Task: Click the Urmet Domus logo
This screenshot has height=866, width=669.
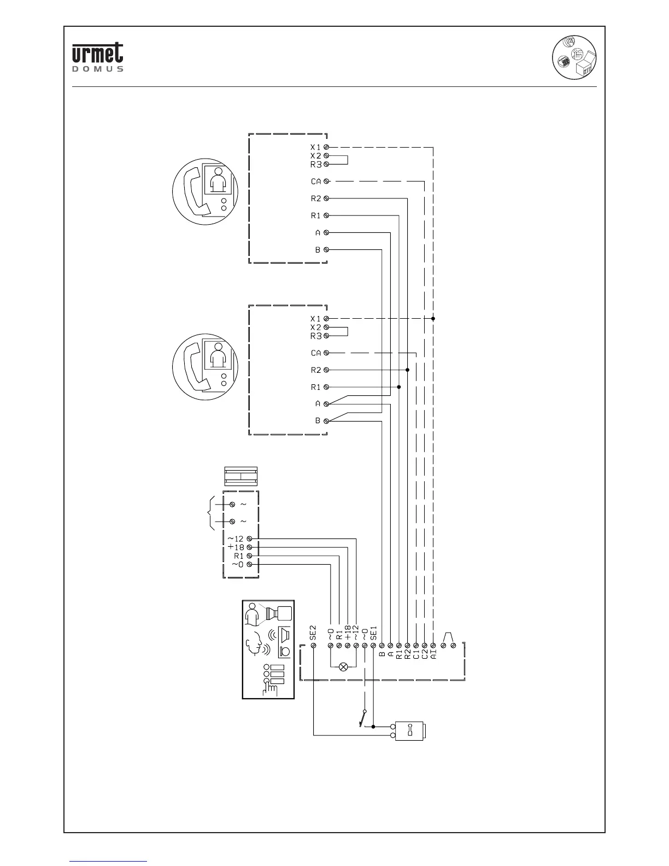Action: click(97, 57)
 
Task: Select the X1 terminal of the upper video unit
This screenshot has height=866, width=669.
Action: click(326, 147)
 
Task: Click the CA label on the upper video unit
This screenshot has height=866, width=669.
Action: click(316, 182)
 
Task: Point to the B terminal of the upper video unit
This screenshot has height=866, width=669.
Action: click(326, 250)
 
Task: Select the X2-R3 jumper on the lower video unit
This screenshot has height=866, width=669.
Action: click(347, 331)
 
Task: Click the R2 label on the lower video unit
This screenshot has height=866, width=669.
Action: click(316, 370)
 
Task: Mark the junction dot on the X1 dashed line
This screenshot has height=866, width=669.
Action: click(433, 318)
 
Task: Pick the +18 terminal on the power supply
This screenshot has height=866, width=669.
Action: click(249, 547)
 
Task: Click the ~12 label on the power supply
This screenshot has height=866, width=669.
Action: click(236, 539)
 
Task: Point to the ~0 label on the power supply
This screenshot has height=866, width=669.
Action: click(237, 564)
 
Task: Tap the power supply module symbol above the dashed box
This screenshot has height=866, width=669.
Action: click(240, 476)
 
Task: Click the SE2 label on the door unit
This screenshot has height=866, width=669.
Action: click(313, 633)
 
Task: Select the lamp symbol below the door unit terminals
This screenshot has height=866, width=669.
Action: click(343, 666)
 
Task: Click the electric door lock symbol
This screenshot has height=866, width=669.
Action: click(412, 732)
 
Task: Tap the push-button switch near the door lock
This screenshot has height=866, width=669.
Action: click(362, 719)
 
